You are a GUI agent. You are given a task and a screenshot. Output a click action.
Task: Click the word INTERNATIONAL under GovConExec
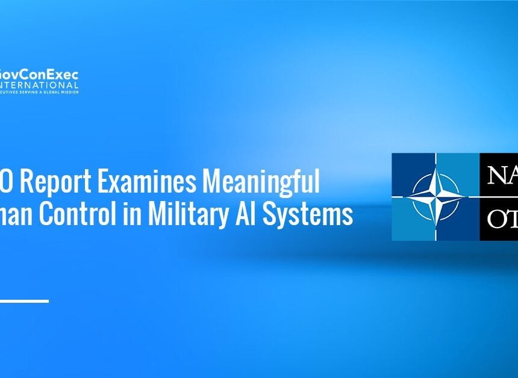tap(39, 85)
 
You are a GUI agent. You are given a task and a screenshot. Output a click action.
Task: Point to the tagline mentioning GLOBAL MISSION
tap(39, 91)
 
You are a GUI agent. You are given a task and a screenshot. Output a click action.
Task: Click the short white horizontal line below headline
tap(24, 300)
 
